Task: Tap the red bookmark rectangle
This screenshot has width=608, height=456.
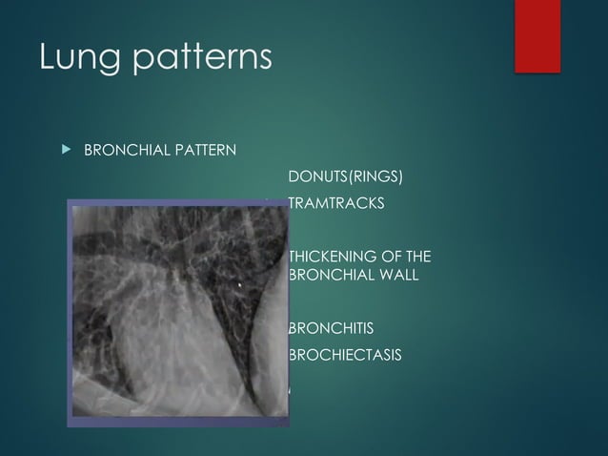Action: (537, 35)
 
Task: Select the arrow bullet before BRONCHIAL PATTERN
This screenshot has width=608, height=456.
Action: (65, 150)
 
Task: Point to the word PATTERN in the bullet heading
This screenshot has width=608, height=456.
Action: (203, 150)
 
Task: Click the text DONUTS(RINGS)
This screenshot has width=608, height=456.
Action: (345, 177)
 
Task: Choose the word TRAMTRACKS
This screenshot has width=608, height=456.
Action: (336, 203)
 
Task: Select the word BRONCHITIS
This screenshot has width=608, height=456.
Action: (331, 329)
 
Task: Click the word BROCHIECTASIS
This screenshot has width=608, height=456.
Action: (344, 356)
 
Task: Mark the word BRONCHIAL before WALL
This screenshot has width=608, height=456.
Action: (329, 275)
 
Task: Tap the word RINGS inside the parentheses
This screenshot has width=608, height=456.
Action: (376, 177)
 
